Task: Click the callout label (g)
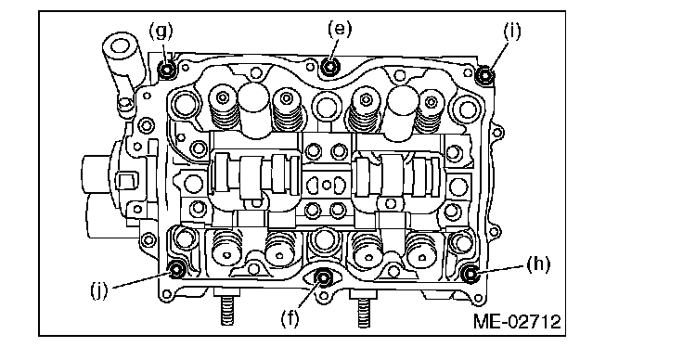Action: (161, 32)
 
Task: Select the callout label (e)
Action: (340, 29)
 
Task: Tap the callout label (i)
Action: (512, 32)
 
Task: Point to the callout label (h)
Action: (538, 264)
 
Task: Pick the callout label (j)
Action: (99, 289)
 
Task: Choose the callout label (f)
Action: (290, 318)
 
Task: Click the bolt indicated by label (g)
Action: (167, 70)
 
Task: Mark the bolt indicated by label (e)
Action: (330, 67)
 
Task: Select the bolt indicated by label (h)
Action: (470, 274)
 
